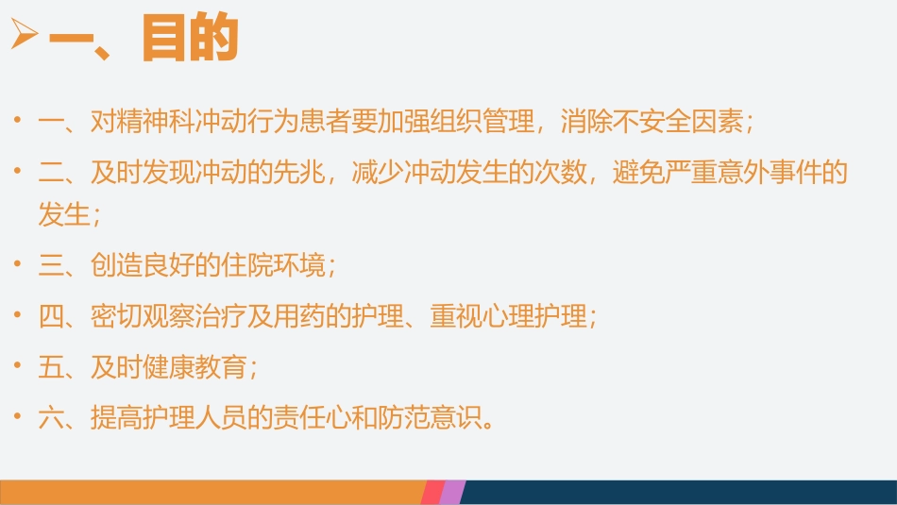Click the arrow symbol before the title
(23, 37)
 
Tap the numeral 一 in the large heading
(76, 39)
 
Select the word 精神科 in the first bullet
(156, 122)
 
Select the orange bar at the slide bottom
(208, 492)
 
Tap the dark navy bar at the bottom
(680, 492)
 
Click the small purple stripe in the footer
(453, 492)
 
